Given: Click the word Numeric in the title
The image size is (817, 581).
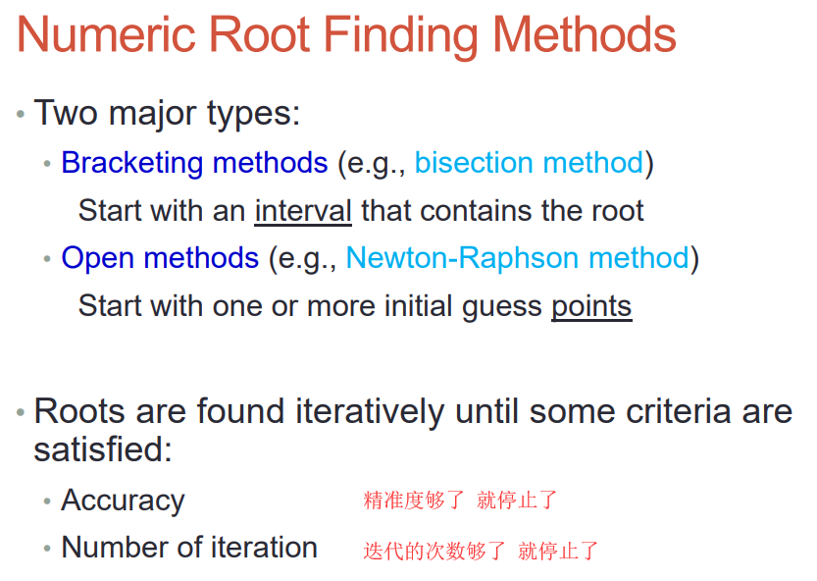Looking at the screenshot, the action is [106, 34].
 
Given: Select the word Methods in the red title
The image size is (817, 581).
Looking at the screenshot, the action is [585, 34].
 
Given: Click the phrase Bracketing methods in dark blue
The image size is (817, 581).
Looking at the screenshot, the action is [194, 163].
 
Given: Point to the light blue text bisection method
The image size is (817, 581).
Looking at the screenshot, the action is [530, 162].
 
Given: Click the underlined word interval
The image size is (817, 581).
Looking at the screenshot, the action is [303, 211].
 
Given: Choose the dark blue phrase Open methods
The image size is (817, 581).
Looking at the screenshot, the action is [160, 258].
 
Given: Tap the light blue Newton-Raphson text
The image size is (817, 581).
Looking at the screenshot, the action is [462, 258].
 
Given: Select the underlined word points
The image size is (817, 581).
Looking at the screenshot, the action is [592, 305].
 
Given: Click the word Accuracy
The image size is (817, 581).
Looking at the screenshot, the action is [123, 501].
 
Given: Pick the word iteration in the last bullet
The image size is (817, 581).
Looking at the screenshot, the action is [264, 548].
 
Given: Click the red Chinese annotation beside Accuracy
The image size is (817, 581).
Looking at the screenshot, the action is [460, 501].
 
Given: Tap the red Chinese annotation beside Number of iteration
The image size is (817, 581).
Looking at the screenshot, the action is [481, 552].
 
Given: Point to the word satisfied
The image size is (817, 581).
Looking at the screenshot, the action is [103, 449].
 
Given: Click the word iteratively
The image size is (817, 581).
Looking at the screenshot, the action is [370, 411].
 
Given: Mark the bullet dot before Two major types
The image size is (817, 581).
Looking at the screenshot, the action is [21, 114].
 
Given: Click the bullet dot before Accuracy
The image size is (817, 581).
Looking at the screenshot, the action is [47, 502].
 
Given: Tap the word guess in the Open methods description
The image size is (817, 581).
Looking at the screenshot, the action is [502, 307].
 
